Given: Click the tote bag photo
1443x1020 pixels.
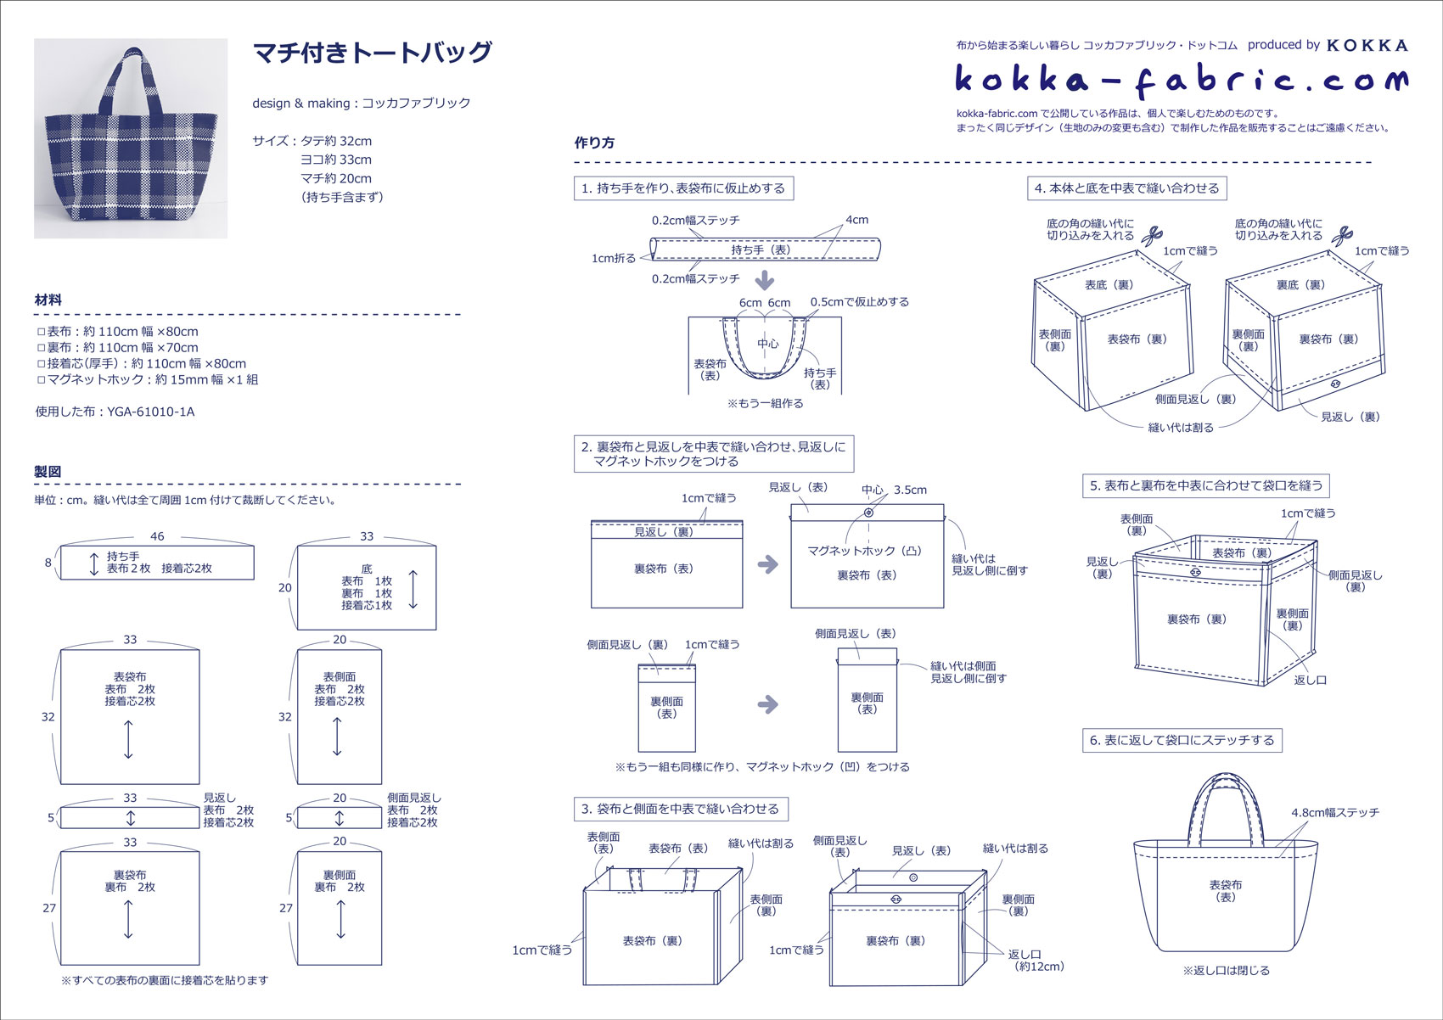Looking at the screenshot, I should click(x=131, y=138).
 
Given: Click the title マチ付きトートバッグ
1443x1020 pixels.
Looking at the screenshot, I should click(x=373, y=53).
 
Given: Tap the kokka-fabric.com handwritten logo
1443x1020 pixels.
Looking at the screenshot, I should click(x=1181, y=81).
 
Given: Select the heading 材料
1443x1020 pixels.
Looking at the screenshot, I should click(x=48, y=300).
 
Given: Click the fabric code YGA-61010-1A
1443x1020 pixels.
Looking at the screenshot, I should click(x=150, y=412).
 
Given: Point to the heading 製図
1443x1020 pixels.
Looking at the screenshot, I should click(x=48, y=472).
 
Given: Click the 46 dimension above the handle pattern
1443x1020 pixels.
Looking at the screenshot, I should click(x=157, y=536).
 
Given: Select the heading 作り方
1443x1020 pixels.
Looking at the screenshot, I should click(x=594, y=143).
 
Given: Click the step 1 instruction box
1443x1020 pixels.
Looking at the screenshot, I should click(x=683, y=188).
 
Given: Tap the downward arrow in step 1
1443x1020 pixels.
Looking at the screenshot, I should click(x=765, y=280).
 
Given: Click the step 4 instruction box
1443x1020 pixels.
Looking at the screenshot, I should click(x=1126, y=188).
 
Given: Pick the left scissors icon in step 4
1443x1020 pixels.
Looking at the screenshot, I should click(x=1152, y=235).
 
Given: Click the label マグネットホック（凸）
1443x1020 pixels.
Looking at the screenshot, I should click(x=864, y=551).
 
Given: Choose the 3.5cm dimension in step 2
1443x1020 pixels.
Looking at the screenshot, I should click(x=910, y=490).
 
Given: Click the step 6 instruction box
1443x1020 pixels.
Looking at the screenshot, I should click(x=1182, y=740).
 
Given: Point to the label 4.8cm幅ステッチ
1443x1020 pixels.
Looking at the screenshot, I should click(x=1335, y=812).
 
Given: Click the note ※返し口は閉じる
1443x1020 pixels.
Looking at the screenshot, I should click(x=1226, y=970).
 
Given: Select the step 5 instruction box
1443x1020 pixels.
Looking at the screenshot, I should click(x=1205, y=485).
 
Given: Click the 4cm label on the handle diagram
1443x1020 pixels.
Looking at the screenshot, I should click(x=857, y=220).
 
